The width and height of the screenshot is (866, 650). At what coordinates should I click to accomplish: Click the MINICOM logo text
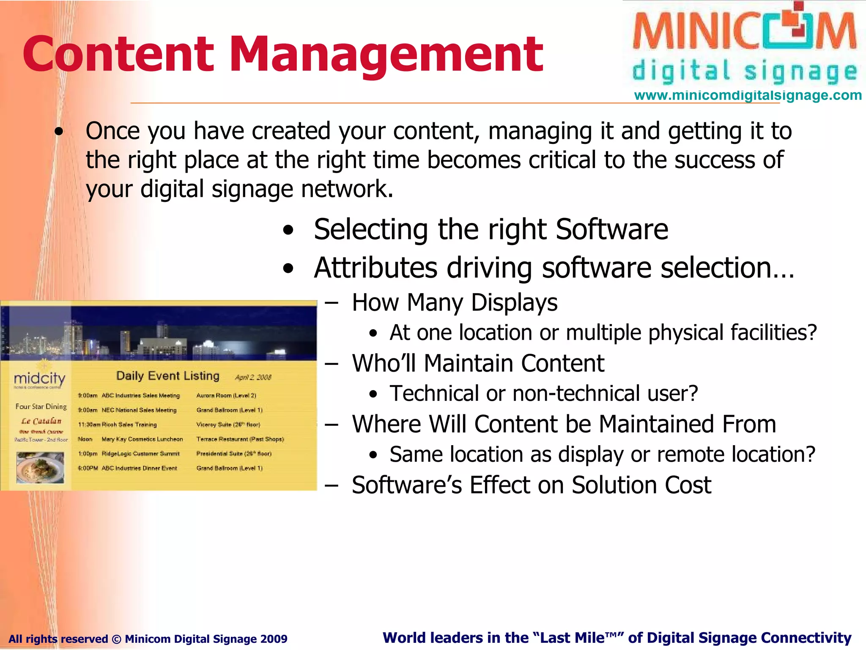[744, 32]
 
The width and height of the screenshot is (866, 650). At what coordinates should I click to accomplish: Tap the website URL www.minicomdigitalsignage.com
[748, 95]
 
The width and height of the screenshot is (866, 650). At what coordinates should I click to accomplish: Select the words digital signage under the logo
[744, 71]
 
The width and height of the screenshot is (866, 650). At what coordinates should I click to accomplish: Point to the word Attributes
[375, 268]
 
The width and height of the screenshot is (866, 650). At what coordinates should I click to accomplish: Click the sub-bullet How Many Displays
[455, 303]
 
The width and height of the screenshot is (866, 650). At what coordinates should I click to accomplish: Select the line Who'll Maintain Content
[478, 363]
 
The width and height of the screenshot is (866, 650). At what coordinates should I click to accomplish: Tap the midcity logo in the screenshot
[39, 378]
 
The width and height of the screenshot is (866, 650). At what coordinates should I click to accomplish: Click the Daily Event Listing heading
[168, 376]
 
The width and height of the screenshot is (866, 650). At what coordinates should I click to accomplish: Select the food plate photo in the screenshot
[40, 467]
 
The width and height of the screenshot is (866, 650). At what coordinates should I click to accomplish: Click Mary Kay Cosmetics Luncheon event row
[142, 439]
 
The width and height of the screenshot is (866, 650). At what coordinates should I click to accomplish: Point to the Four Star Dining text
[41, 407]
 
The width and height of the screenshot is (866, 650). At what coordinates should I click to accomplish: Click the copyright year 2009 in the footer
[274, 639]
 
